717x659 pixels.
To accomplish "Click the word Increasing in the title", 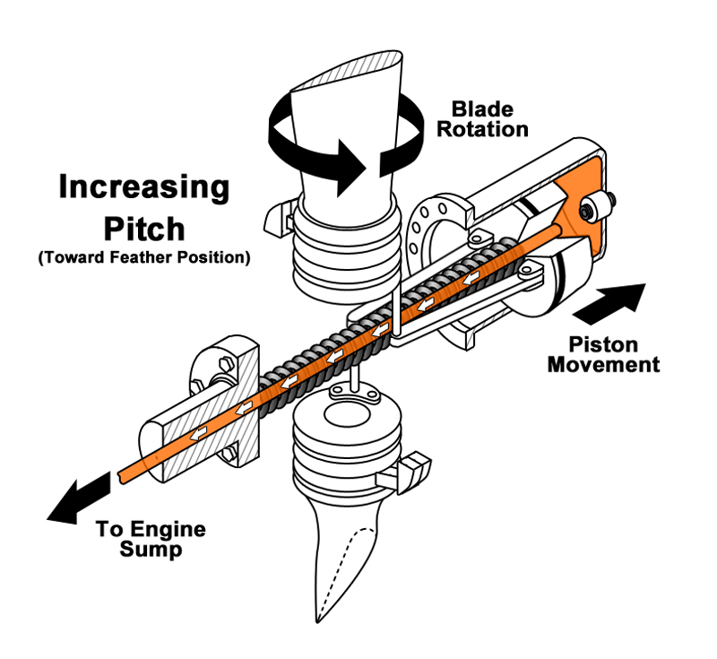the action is coord(144,187).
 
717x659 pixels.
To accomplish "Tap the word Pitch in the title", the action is coord(144,229).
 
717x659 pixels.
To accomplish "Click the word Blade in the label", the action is coord(482,109).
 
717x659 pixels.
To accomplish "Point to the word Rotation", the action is coord(482,129).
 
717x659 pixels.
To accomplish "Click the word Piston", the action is coord(603,345).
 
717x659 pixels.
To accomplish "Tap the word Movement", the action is coord(603,365).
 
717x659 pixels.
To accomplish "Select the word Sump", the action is coord(151,550).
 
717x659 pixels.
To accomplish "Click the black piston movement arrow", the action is coord(610,303).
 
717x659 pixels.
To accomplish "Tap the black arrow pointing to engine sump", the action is coord(78,499).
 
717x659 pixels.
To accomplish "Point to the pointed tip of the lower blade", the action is coord(317,622).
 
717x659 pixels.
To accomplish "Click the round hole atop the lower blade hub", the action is coord(347,415).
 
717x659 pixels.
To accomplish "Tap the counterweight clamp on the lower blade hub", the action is coord(404,473).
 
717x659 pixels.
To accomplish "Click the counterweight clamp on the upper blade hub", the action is coord(280,217).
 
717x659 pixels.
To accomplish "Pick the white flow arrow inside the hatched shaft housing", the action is coord(198,433).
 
